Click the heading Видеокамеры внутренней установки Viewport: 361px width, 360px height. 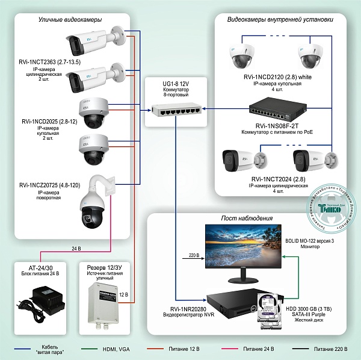(280, 20)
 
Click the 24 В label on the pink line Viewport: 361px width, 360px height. (76, 248)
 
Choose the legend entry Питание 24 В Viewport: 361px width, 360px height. (259, 349)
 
